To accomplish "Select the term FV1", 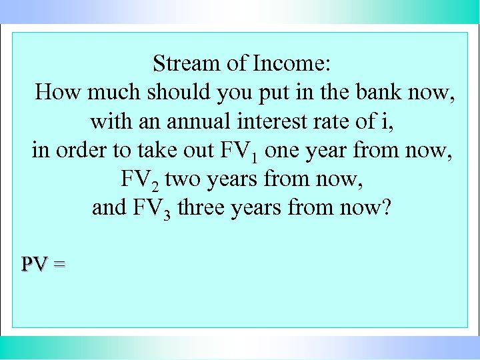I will coord(239,151).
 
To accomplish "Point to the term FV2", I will coord(140,180).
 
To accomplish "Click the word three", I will coord(202,208).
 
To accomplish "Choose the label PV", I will coord(33,265).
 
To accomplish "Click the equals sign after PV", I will coord(59,265).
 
